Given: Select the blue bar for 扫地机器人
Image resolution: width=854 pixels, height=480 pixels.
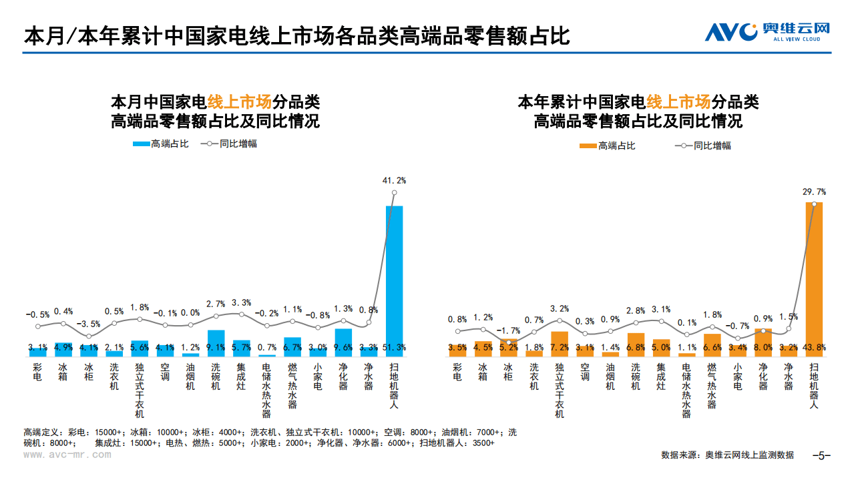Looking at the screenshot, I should tap(394, 280).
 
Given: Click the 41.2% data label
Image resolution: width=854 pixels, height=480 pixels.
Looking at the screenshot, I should tap(394, 180).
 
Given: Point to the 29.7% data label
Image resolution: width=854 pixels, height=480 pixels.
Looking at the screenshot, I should tap(813, 191).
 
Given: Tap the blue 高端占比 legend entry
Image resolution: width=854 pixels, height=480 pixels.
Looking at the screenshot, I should tap(161, 144).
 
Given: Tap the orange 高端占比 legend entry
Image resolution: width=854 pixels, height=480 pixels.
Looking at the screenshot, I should tap(607, 146).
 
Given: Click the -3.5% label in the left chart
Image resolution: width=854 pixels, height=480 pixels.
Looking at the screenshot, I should tap(89, 324).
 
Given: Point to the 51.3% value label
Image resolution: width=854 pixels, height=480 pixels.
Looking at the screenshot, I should tap(394, 347).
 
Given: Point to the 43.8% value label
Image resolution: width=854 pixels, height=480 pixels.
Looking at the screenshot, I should tap(813, 347).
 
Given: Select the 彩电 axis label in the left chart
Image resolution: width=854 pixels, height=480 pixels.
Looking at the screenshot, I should tap(37, 372).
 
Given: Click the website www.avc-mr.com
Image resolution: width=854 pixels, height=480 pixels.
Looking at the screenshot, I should tap(67, 455).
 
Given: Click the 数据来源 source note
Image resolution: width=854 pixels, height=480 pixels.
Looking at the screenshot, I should tap(727, 455).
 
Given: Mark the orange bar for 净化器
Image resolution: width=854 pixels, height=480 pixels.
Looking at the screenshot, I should tap(763, 341).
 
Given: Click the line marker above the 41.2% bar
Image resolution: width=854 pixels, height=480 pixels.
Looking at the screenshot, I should tap(394, 193).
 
